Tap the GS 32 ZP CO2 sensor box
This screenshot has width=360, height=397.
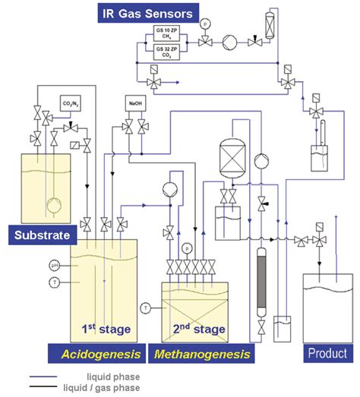pos(168,52)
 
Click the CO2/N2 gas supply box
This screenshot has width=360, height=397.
pos(71,103)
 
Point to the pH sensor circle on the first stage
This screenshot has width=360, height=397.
pos(54,265)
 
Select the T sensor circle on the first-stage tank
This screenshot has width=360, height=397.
pos(54,282)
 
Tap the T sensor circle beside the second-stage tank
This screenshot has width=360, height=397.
pos(146,307)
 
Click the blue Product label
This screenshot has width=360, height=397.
pos(327,353)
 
